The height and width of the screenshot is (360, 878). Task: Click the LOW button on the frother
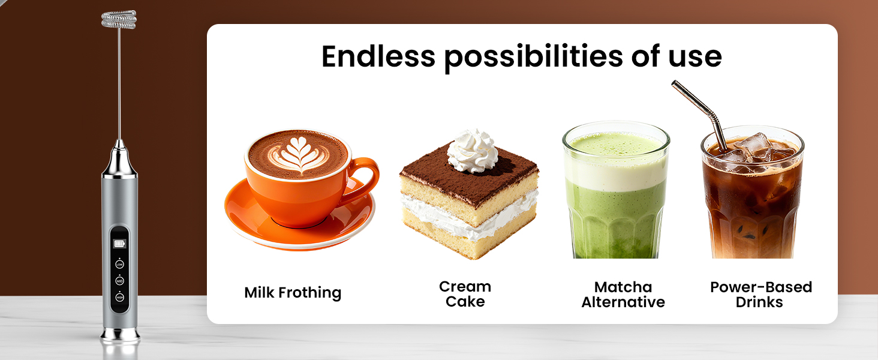coord(119,264)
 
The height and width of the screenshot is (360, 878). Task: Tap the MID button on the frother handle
coord(119,280)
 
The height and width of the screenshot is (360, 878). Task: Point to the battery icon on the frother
coord(119,244)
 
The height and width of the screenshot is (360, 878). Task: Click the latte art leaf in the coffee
coord(298,152)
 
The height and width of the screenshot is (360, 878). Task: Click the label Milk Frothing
coord(293,293)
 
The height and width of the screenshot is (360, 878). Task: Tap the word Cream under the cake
coord(465,286)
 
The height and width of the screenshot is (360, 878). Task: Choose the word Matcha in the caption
coord(623,287)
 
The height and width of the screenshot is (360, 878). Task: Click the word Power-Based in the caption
coord(760,287)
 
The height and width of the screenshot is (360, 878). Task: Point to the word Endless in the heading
coord(378,56)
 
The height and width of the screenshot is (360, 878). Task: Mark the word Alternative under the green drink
coord(623,302)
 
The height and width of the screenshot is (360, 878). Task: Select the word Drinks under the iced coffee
coord(759,302)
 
